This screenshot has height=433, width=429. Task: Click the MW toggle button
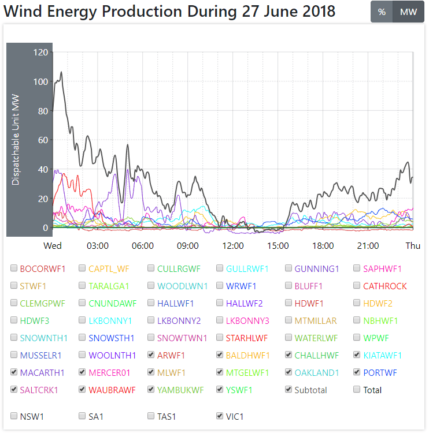408,12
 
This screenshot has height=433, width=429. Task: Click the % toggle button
382,12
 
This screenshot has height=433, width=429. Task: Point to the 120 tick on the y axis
41,53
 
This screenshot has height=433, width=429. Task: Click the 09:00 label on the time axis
188,246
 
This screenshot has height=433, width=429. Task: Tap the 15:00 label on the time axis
278,246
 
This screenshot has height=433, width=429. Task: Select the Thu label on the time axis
413,246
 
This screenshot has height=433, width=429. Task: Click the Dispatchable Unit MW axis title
16,139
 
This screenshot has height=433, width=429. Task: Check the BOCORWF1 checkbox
14,268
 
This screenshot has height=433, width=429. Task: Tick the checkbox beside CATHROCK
357,286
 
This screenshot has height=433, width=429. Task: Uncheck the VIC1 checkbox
220,416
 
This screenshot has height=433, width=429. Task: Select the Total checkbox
357,390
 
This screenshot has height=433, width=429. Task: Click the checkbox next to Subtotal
289,390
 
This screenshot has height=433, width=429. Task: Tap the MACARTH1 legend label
42,372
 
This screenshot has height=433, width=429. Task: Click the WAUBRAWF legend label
112,390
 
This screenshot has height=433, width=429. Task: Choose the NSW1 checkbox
14,416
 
